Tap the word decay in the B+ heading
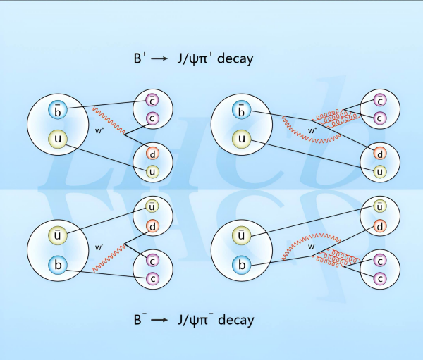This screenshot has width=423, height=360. point(234,59)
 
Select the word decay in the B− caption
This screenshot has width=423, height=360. point(234,321)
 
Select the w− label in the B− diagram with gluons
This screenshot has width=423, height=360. point(311,248)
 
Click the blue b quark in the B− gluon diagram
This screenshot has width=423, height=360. point(241,266)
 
